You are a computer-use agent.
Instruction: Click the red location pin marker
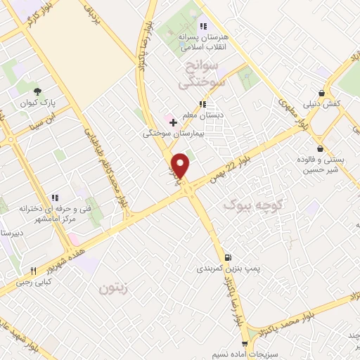tap(182, 165)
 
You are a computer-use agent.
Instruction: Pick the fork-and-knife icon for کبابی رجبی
tap(32, 271)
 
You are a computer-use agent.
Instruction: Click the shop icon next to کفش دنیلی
tap(321, 92)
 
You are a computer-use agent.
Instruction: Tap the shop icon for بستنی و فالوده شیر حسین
tap(321, 148)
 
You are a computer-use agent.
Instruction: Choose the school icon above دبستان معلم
tap(202, 104)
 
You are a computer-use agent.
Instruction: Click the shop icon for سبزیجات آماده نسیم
tap(244, 344)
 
